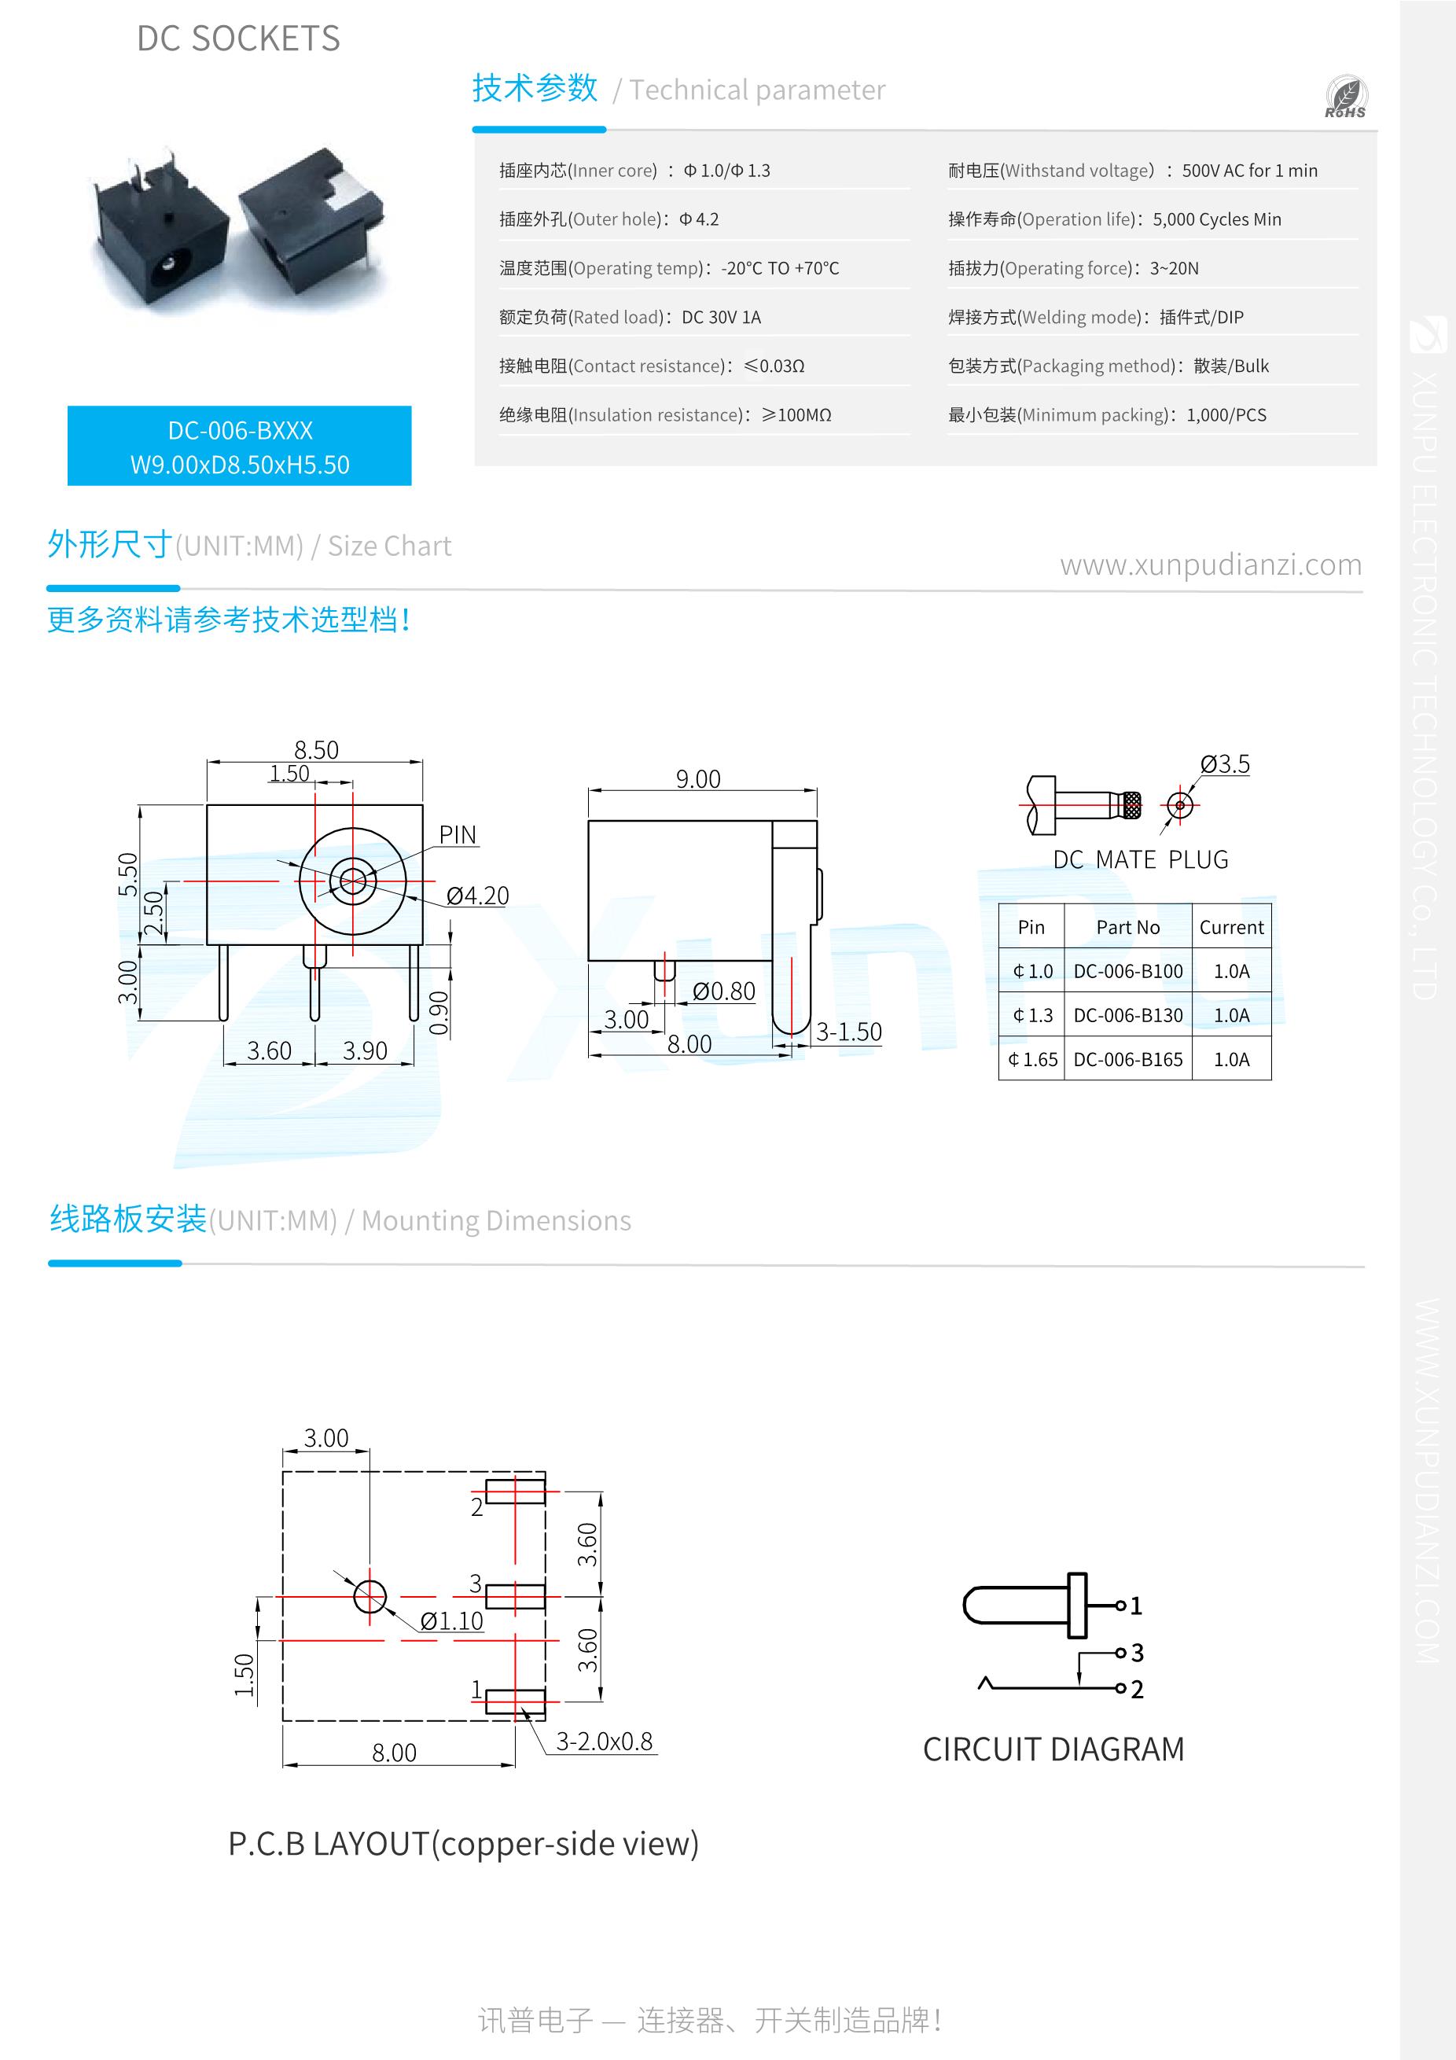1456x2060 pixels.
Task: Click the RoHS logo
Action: coord(1345,97)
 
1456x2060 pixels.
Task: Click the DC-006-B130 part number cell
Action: coord(1127,1015)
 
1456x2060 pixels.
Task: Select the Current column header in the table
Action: coord(1231,927)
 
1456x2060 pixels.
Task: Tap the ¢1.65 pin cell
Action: coord(1032,1059)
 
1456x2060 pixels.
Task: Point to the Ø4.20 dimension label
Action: coord(477,896)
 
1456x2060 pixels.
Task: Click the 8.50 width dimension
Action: coord(316,749)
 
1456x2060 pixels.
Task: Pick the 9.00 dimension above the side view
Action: coord(698,778)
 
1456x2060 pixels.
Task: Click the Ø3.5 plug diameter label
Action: coord(1225,763)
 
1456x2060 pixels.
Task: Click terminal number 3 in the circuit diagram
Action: coord(1137,1652)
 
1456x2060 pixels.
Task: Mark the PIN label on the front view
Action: coord(458,834)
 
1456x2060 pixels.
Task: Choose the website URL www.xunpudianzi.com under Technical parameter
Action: coord(1210,565)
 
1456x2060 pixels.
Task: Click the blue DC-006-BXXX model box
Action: coord(240,446)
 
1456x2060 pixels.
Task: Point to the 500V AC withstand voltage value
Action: coord(1248,171)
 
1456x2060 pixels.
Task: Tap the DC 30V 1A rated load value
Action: coord(720,317)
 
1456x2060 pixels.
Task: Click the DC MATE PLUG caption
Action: coord(1140,859)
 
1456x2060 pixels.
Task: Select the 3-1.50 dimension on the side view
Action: coord(847,1032)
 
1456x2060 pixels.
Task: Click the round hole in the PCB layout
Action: coord(370,1596)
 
